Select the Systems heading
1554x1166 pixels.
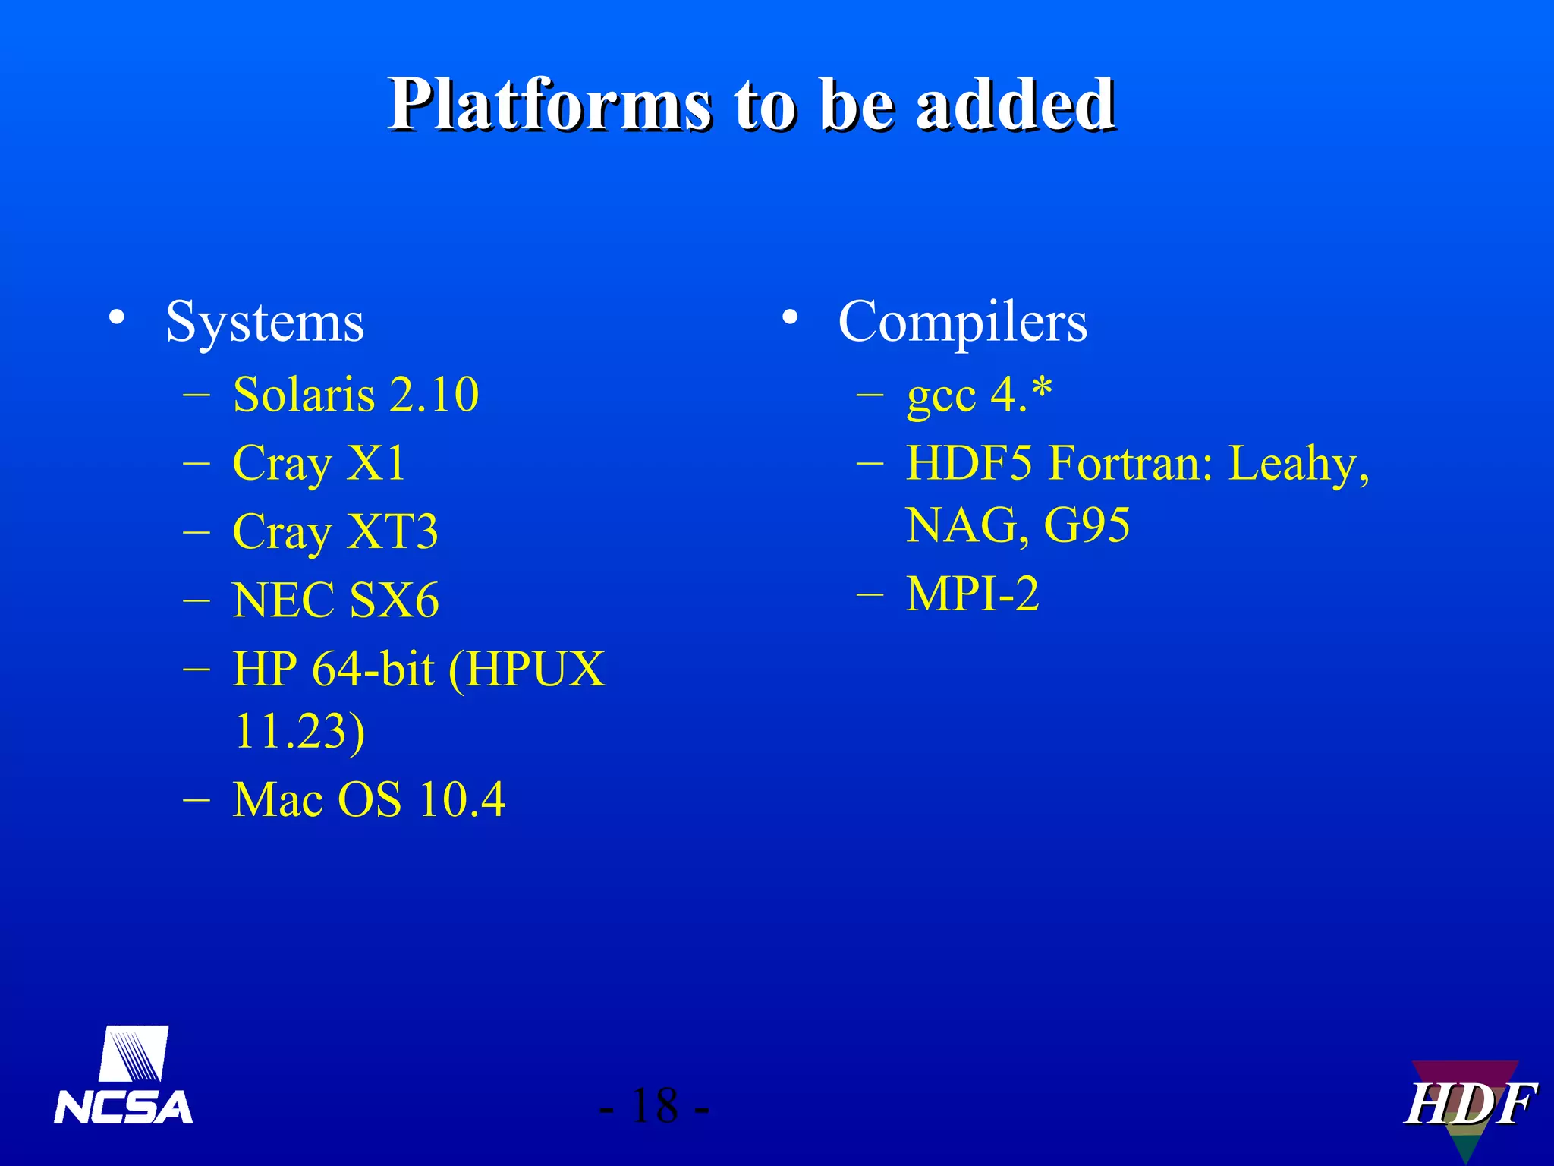point(265,323)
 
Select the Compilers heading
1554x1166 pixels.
point(962,323)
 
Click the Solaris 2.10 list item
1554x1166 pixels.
point(355,395)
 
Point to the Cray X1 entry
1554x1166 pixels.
point(319,463)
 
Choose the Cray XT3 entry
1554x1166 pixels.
point(335,531)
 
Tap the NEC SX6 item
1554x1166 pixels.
point(335,600)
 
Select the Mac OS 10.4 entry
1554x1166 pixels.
point(368,799)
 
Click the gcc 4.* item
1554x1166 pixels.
point(979,395)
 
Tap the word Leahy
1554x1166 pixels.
point(1298,463)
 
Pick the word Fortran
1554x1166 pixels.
point(1131,463)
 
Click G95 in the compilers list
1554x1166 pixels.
point(1087,525)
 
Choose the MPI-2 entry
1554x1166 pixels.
point(972,594)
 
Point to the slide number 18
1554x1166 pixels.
point(654,1106)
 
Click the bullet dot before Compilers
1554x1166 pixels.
point(790,319)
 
